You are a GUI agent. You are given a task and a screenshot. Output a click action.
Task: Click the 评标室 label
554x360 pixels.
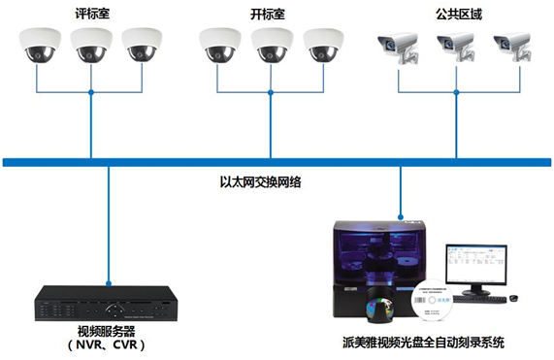(x=90, y=14)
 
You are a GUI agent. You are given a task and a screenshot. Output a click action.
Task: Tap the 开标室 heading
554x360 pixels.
(x=265, y=14)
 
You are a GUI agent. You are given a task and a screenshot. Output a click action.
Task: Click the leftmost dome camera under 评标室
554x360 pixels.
(x=39, y=45)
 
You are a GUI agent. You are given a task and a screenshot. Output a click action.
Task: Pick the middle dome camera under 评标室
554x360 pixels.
(x=91, y=45)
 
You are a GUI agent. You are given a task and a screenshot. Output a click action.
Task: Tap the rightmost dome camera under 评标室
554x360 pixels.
(x=142, y=45)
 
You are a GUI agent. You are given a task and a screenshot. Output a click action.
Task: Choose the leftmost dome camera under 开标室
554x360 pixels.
(x=217, y=45)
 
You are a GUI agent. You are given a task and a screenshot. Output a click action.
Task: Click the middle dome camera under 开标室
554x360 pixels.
(x=270, y=45)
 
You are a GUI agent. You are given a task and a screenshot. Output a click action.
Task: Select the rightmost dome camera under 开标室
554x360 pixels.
(x=322, y=45)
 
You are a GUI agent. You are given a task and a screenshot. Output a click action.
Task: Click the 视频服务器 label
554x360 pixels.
(x=106, y=330)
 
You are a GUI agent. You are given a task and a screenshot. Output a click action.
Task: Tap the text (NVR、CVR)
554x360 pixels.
(x=106, y=344)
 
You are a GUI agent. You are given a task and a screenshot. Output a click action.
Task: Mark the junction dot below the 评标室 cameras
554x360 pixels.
(x=91, y=93)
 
